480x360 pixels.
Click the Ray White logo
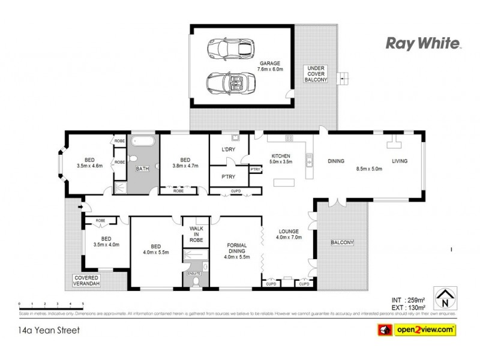pos(422,43)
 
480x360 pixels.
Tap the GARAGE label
pos(271,63)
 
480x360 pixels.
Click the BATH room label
pos(143,169)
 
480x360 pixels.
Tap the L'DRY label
pos(228,149)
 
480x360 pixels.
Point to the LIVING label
pos(400,161)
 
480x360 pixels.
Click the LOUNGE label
pos(289,231)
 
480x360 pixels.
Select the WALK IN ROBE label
pos(196,234)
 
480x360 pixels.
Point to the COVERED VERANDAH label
pos(86,280)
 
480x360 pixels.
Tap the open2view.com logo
pos(416,329)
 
